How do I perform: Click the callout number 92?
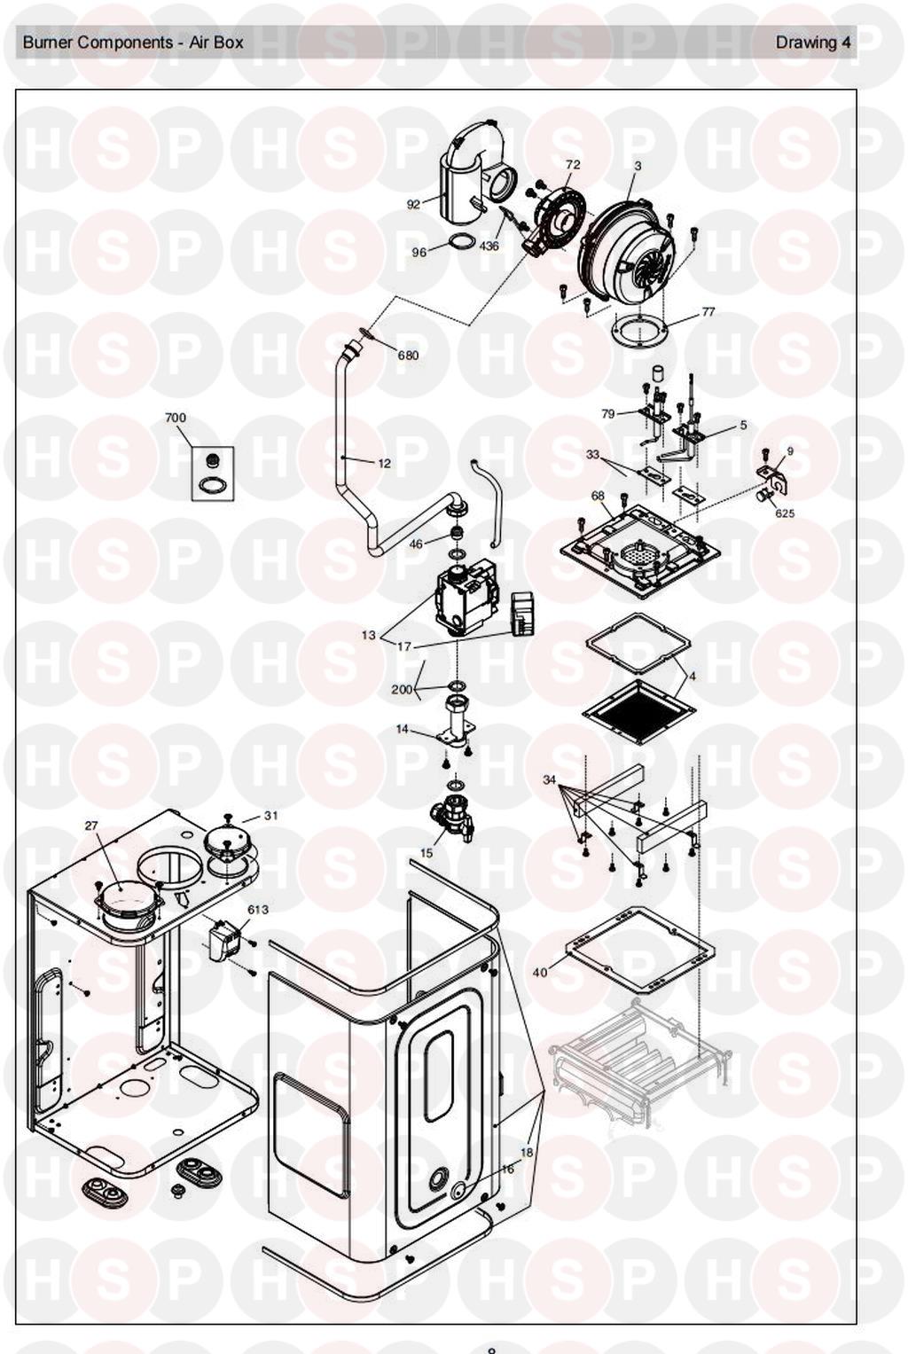tap(413, 205)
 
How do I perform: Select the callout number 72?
tap(573, 165)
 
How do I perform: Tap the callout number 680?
tap(408, 356)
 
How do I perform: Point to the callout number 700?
tap(176, 418)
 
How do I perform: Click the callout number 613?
tap(258, 910)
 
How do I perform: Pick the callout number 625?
tap(785, 513)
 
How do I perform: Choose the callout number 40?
tap(540, 973)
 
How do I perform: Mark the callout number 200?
tap(402, 689)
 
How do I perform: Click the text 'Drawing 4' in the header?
tap(813, 42)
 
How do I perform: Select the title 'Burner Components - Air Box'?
tap(133, 42)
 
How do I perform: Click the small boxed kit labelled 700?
tap(213, 474)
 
